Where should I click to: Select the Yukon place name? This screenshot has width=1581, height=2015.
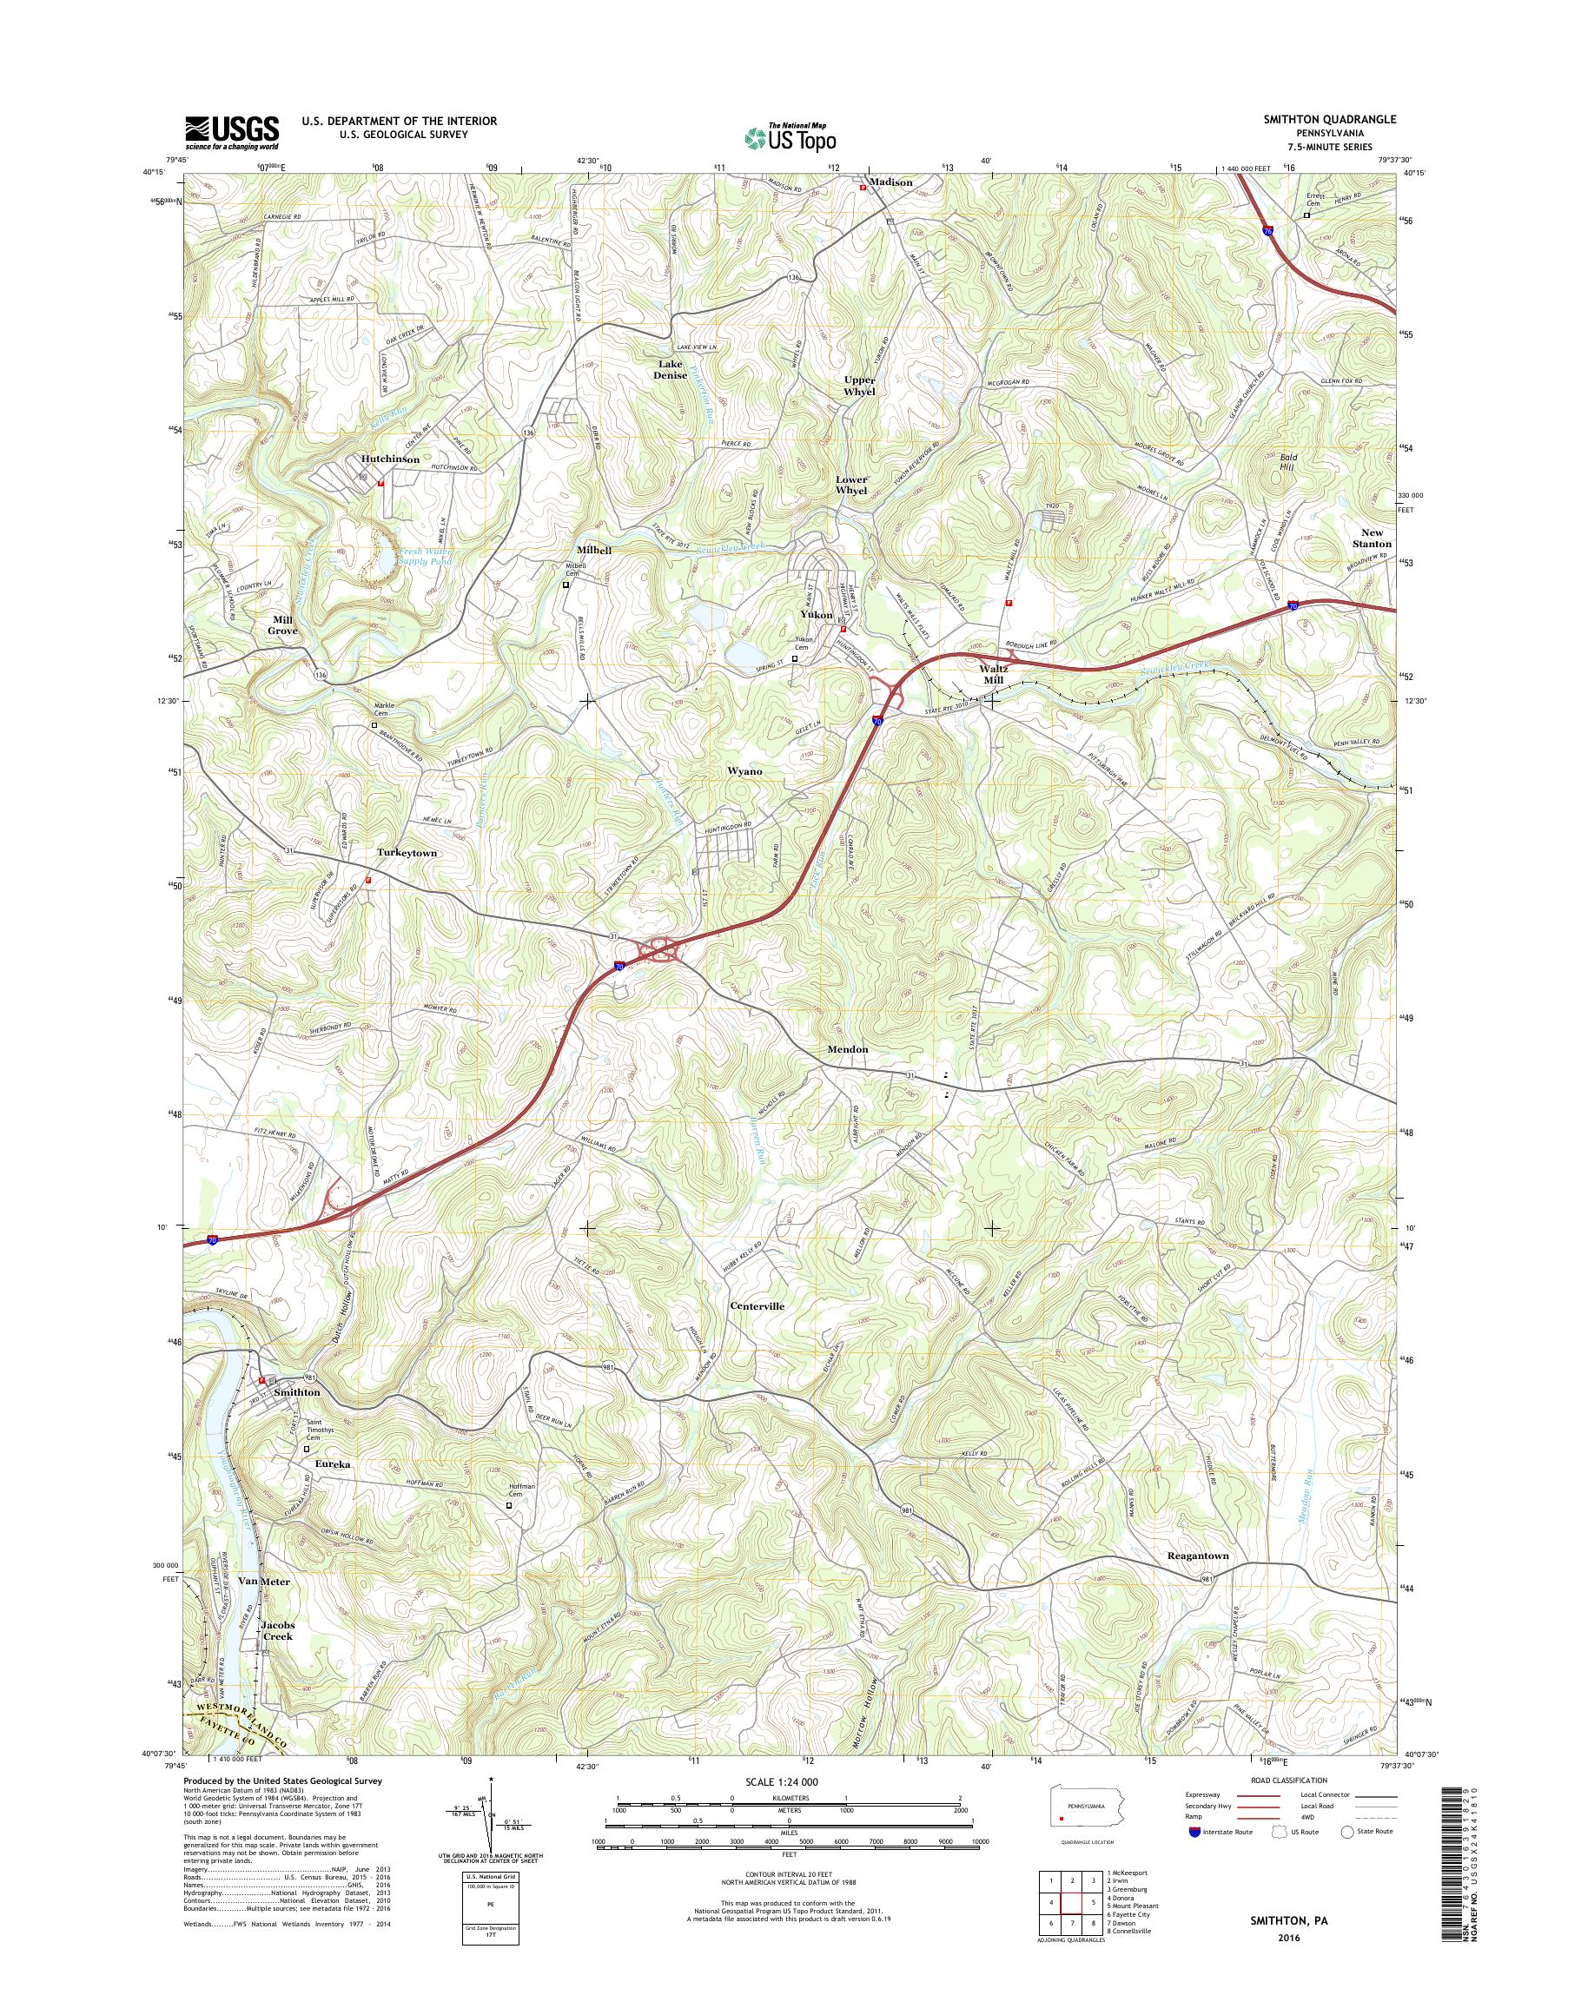tap(816, 615)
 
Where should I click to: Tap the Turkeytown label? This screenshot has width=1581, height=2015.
tap(407, 852)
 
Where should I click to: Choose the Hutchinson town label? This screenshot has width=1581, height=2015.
tap(389, 459)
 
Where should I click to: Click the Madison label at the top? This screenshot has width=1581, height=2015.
tap(890, 182)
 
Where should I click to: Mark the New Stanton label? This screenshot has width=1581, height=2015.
tap(1371, 538)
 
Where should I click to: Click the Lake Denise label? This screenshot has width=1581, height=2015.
tap(671, 369)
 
